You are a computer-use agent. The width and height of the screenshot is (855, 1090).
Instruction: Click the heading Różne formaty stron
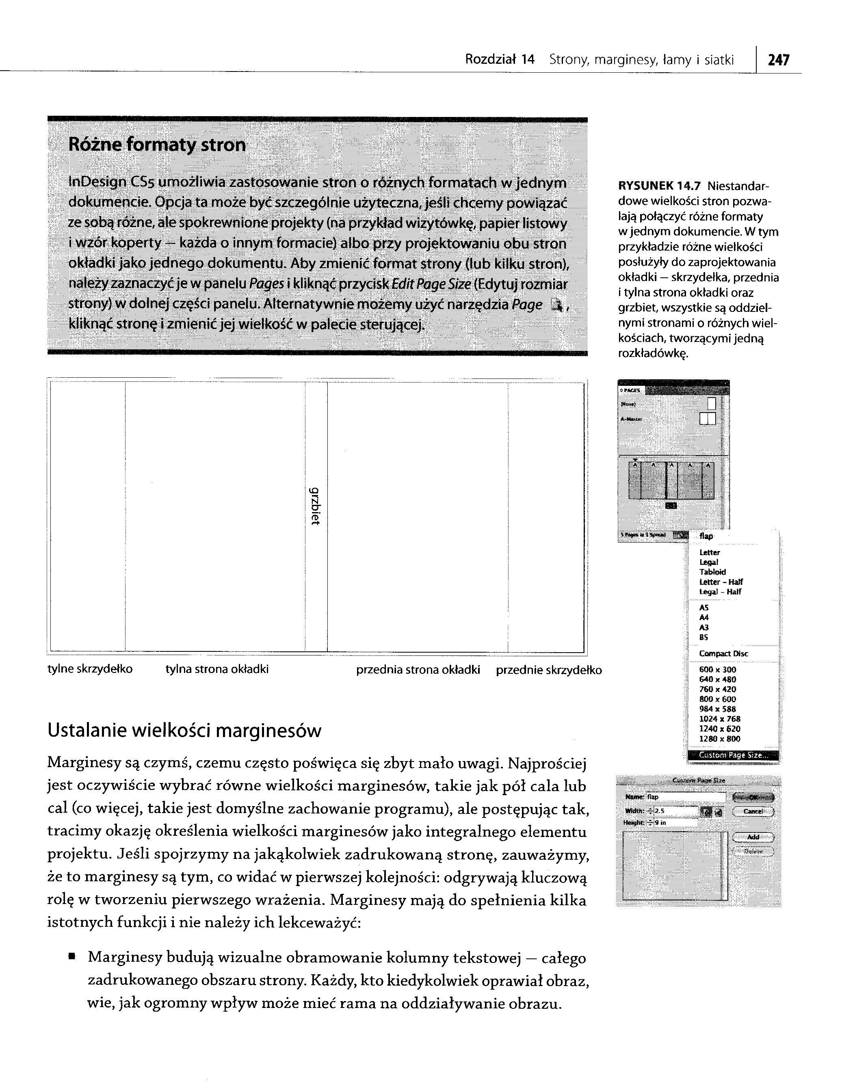coord(157,145)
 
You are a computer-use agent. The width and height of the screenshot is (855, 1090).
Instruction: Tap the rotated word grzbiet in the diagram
coord(314,506)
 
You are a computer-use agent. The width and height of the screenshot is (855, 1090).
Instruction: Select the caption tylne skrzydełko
coord(90,669)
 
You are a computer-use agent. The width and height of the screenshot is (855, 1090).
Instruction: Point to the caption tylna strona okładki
coord(217,669)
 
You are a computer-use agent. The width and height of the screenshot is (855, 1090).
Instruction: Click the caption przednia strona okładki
coord(418,670)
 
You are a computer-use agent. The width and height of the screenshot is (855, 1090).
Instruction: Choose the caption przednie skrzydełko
coord(549,670)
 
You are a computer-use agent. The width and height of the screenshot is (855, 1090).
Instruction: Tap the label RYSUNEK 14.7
coord(660,186)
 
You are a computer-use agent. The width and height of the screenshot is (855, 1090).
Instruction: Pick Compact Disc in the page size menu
coord(723,653)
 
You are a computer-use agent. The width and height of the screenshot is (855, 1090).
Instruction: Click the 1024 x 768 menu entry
coord(719,719)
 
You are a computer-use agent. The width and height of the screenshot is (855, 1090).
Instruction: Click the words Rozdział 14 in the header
coord(500,60)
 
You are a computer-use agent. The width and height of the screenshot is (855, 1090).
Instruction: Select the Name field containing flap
coord(685,797)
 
